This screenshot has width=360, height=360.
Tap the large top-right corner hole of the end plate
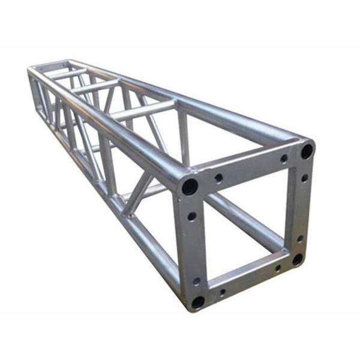pyautogui.click(x=307, y=151)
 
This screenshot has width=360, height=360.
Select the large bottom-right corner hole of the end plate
pyautogui.click(x=298, y=259)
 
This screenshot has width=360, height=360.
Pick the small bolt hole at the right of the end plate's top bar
pyautogui.click(x=284, y=158)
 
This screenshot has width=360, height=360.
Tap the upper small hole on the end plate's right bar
pyautogui.click(x=304, y=178)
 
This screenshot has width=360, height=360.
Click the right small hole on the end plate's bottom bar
pyautogui.click(x=277, y=267)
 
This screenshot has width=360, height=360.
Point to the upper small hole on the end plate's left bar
pyautogui.click(x=191, y=216)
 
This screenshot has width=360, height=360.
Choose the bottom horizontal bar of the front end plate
pyautogui.click(x=249, y=280)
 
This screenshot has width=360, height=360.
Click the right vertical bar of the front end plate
pyautogui.click(x=302, y=207)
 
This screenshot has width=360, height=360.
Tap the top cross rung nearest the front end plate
pyautogui.click(x=144, y=111)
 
